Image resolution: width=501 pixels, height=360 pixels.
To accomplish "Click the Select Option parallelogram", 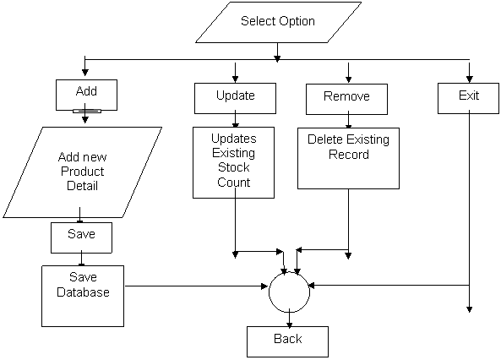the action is (278, 22).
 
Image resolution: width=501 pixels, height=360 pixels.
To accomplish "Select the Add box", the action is (86, 95).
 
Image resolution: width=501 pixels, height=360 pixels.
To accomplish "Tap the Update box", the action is (235, 99).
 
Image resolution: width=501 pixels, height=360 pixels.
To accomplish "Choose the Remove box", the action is (346, 99).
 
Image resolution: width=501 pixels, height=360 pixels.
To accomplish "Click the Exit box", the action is (468, 99).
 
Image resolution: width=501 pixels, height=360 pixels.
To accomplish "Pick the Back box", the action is (287, 341).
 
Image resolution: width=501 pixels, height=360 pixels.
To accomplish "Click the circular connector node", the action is (289, 292).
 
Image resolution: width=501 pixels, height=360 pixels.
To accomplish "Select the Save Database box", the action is (83, 296).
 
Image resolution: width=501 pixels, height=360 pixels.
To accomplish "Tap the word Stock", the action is (233, 167).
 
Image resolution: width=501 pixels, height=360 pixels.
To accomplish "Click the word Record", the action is (349, 155).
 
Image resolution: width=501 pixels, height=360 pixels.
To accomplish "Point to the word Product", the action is (83, 172).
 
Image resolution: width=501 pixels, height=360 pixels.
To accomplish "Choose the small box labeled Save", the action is (81, 237).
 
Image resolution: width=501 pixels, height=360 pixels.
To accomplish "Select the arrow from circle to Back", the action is (289, 319).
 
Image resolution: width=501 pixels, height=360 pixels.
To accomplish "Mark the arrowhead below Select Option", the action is (277, 59).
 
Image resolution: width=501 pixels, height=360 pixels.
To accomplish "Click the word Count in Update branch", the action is (233, 183).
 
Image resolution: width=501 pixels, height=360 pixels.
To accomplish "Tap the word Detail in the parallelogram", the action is (82, 186).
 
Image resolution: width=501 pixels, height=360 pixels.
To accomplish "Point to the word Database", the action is (83, 292).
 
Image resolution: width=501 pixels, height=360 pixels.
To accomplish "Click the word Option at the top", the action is (297, 21).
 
